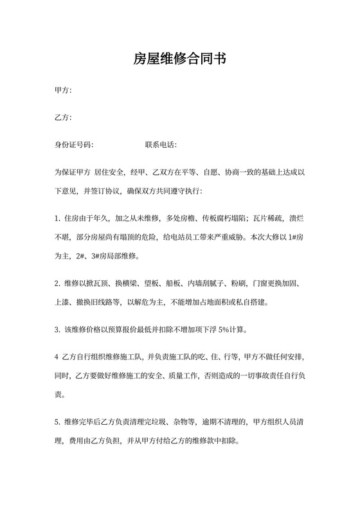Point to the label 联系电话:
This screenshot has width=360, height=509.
coord(161,145)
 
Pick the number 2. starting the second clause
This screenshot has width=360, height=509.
coord(58,283)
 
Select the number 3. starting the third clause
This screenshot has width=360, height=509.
coord(58,330)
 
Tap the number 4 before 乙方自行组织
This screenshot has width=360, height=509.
coord(57,357)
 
